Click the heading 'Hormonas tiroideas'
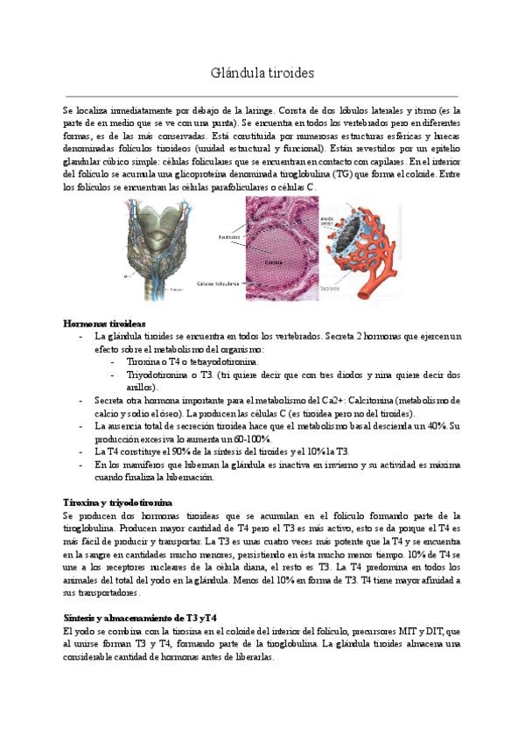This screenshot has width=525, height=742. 104,324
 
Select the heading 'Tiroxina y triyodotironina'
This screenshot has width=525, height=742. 118,502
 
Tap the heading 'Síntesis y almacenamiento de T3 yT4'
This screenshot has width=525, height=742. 140,618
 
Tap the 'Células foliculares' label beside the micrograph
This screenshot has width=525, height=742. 219,283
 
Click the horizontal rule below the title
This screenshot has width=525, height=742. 262,94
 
